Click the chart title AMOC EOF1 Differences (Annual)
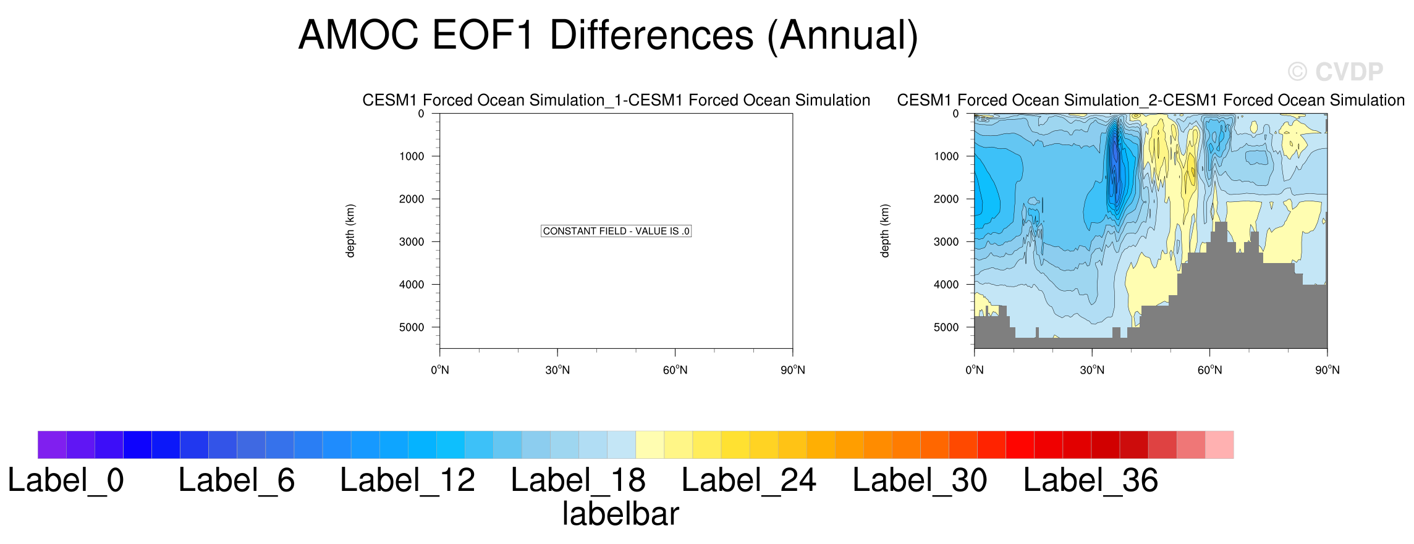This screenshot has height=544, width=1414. (608, 36)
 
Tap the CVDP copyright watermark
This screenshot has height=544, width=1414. (1335, 72)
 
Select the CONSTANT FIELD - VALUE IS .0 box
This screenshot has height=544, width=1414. (616, 231)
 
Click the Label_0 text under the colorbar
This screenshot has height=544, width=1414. (66, 480)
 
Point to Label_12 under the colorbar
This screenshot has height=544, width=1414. (407, 480)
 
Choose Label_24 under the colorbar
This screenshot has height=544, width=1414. (749, 480)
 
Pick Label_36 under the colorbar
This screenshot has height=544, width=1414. (1091, 480)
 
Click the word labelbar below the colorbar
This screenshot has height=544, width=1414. (620, 514)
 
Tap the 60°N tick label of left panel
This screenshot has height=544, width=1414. (675, 370)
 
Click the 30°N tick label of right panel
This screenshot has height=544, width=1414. (1092, 370)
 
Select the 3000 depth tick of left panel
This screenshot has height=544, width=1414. (412, 242)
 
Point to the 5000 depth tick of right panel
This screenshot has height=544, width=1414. (946, 327)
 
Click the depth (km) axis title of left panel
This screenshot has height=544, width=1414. (350, 231)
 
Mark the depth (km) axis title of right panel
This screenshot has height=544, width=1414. (885, 231)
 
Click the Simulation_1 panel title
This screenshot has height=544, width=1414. (616, 100)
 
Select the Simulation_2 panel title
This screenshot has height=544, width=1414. (1151, 100)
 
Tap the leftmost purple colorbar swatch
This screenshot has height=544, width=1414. (52, 445)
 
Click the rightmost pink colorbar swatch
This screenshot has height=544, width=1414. (1219, 445)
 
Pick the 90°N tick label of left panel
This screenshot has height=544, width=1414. (793, 370)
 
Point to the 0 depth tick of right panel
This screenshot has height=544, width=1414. (956, 114)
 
